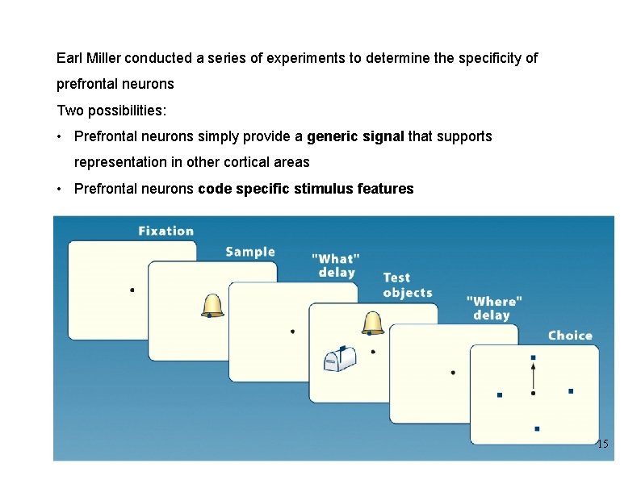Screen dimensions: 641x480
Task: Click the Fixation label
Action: [x=165, y=232]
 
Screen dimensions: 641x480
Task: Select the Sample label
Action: [x=249, y=252]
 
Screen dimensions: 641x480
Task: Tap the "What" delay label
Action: [x=336, y=265]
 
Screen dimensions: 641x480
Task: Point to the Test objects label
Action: [x=407, y=286]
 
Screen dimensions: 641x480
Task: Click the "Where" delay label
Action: [x=493, y=307]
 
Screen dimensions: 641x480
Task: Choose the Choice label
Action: [x=569, y=336]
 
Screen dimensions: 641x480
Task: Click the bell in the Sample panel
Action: [x=212, y=305]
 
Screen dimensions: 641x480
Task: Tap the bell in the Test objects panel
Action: [x=372, y=322]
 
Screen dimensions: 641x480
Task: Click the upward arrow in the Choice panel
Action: [x=533, y=375]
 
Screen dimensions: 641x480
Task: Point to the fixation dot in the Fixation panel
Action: [x=132, y=290]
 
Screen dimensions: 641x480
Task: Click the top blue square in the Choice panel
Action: [x=533, y=357]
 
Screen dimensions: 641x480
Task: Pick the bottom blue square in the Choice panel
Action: [x=536, y=428]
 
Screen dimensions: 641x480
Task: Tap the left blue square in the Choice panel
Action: [x=499, y=394]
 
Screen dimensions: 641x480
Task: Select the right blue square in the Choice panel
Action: [x=571, y=391]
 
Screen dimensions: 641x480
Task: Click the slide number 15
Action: [x=602, y=445]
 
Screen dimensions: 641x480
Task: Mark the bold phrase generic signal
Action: [x=355, y=136]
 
